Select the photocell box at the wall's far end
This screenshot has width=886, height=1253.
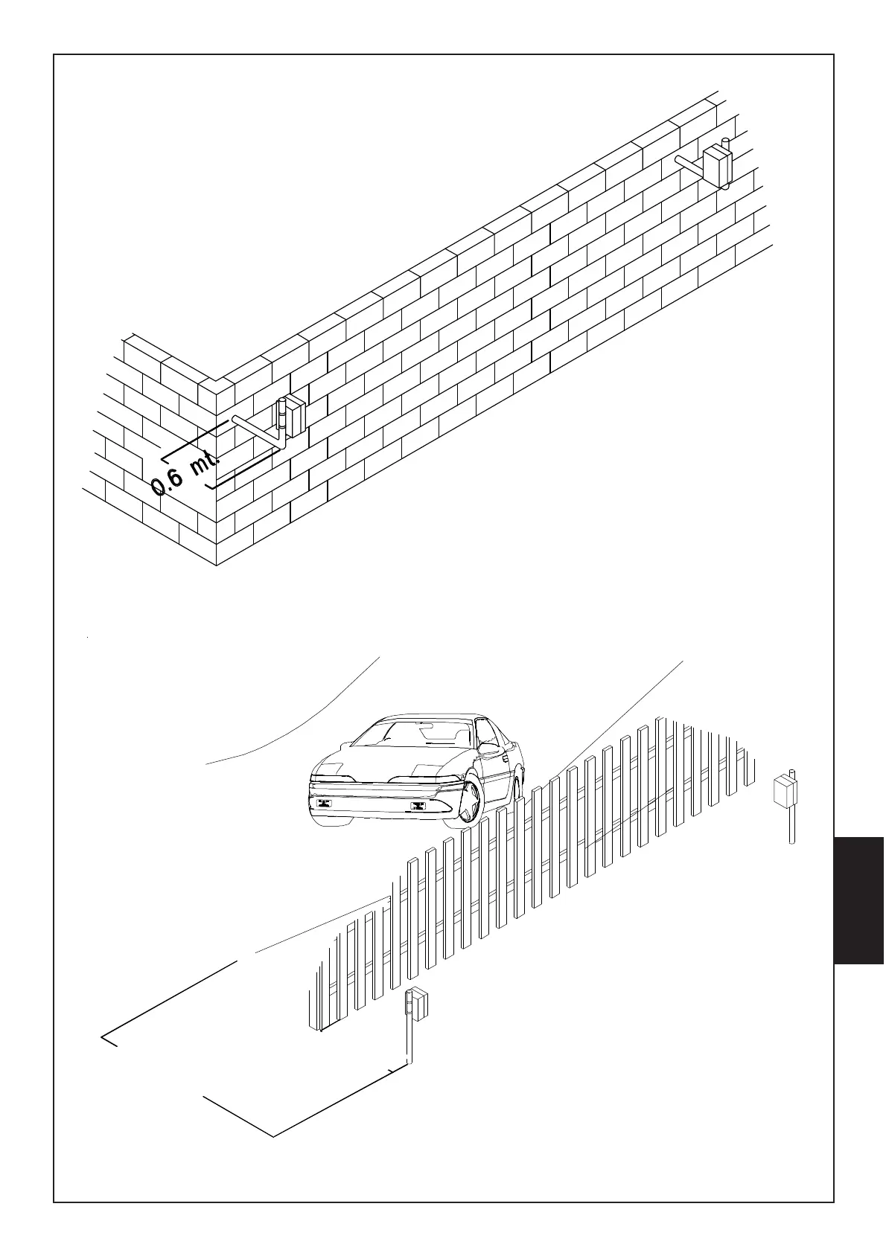pyautogui.click(x=718, y=165)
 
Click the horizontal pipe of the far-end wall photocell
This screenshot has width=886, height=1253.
pyautogui.click(x=689, y=164)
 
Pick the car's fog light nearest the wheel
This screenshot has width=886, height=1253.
pyautogui.click(x=417, y=807)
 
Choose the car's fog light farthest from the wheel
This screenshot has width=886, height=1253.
pyautogui.click(x=324, y=802)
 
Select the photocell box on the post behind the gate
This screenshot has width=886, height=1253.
pyautogui.click(x=784, y=792)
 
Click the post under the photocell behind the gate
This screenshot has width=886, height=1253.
pyautogui.click(x=792, y=826)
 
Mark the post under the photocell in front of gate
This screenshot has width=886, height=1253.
pyautogui.click(x=409, y=1042)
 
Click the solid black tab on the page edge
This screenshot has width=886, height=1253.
pyautogui.click(x=859, y=900)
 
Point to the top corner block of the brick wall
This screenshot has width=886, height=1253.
pyautogui.click(x=216, y=386)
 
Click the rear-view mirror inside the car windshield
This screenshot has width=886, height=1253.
pyautogui.click(x=425, y=722)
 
